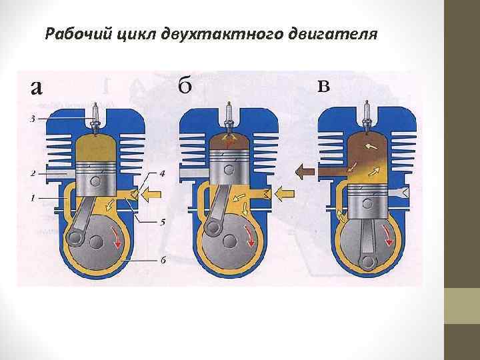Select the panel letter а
click(37, 87)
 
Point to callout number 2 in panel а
click(33, 174)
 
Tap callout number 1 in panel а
click(33, 198)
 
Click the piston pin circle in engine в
click(365, 200)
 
